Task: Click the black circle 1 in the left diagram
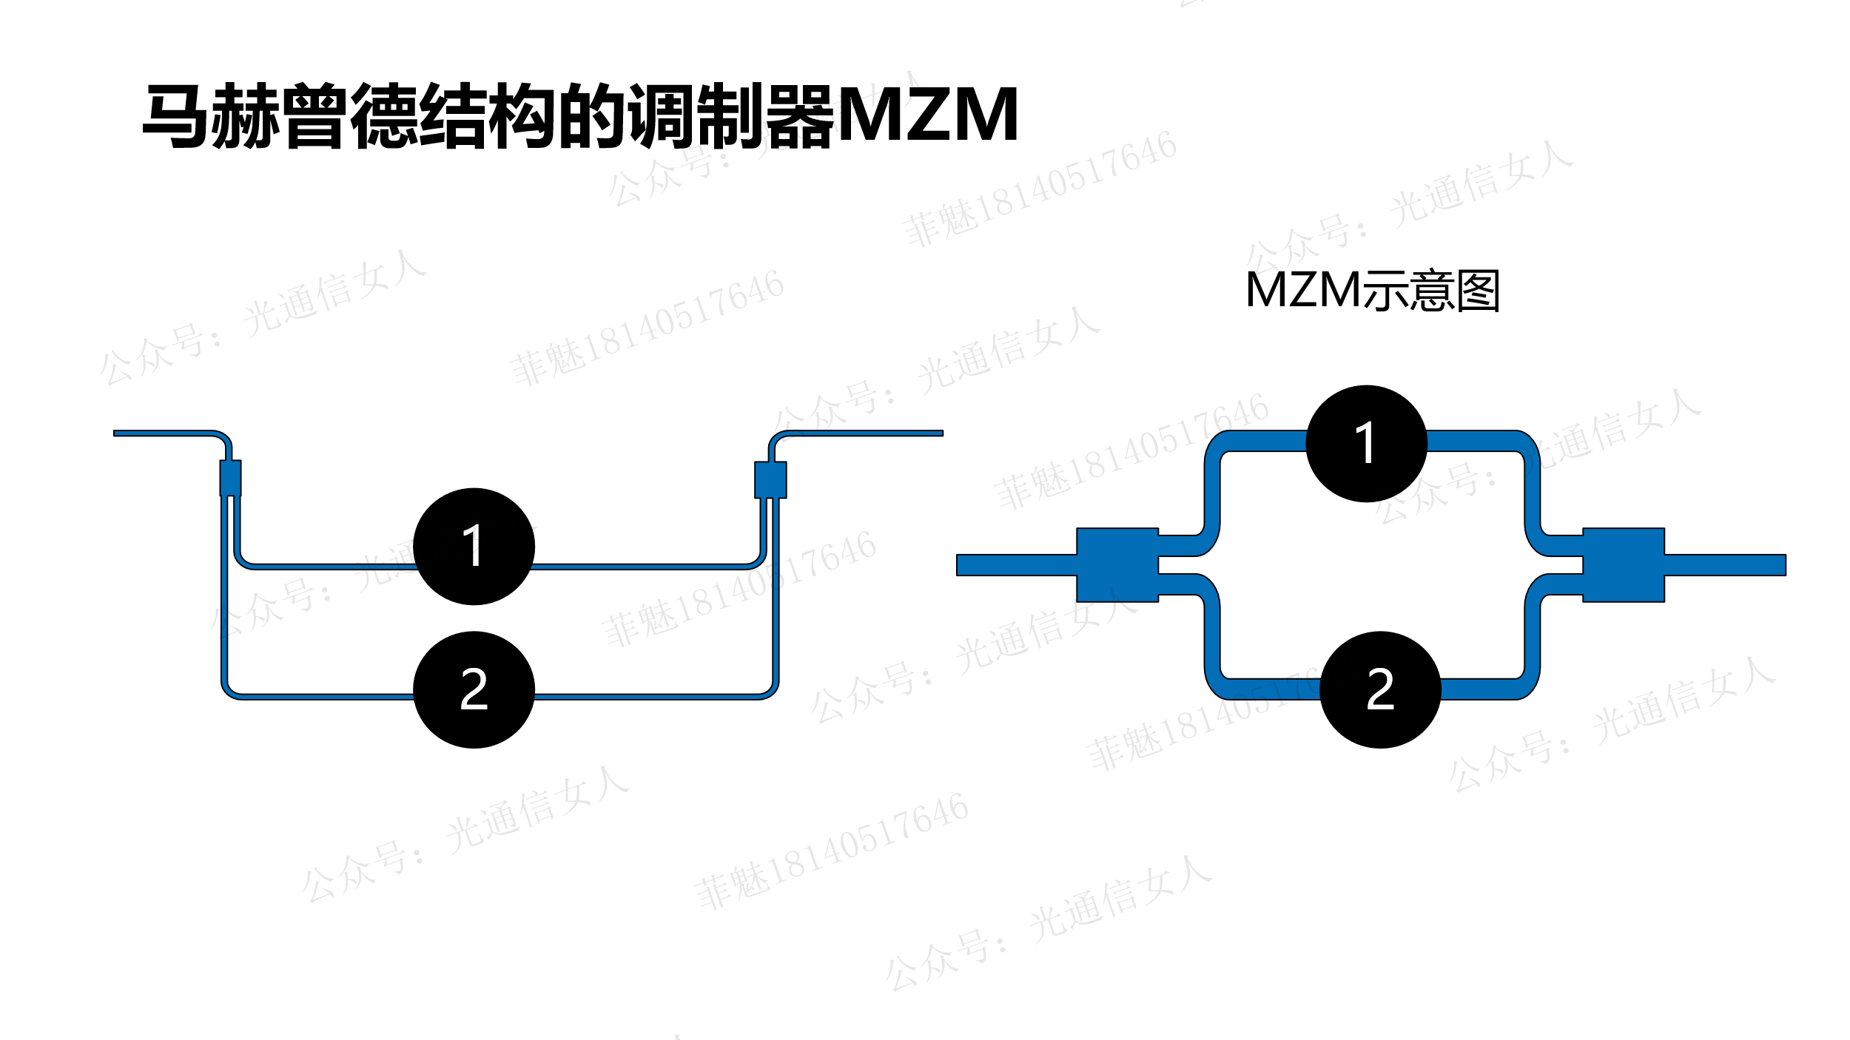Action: coord(474,547)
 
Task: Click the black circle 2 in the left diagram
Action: coord(474,689)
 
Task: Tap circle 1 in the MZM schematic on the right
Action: coord(1366,444)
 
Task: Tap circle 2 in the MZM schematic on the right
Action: coord(1380,689)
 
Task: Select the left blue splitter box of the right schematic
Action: coord(1117,565)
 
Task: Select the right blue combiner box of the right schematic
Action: coord(1623,565)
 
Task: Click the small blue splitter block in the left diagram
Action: coord(230,478)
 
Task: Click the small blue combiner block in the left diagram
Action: coord(770,479)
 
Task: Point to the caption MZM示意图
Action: coord(1372,290)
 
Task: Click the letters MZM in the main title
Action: coord(928,115)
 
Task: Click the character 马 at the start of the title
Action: coord(175,116)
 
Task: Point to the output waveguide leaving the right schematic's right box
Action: coord(1724,565)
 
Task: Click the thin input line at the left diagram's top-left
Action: coord(163,433)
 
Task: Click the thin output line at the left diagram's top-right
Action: coord(866,433)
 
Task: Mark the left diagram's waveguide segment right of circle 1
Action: coord(636,567)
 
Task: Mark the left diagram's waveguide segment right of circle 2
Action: coord(644,696)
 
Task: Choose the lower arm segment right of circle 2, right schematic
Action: coord(1476,689)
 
